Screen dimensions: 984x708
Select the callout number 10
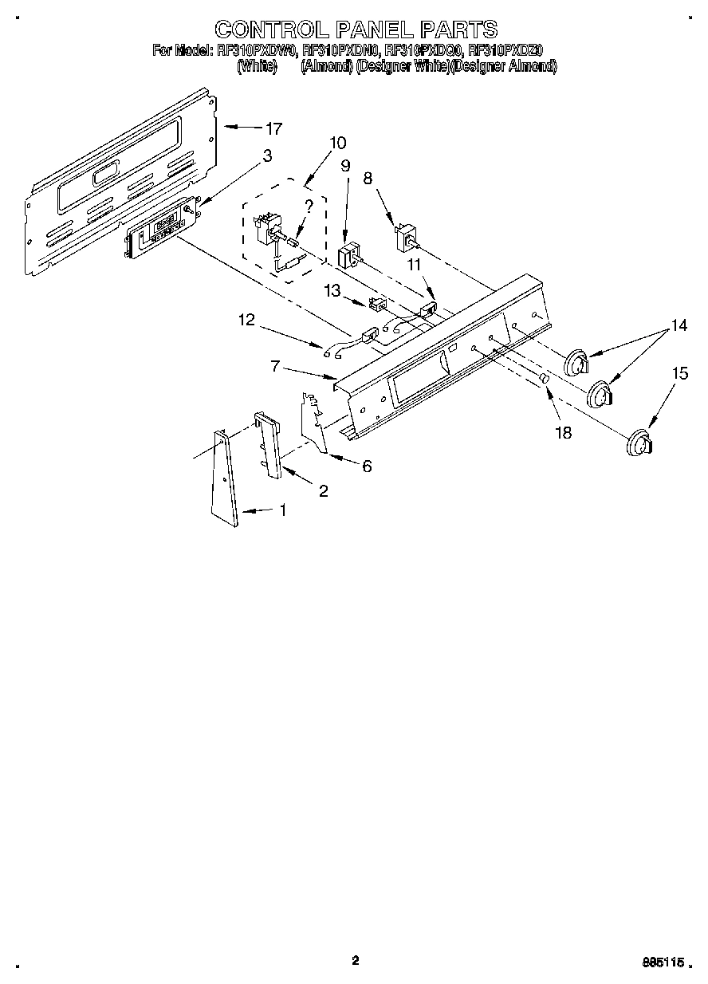337,144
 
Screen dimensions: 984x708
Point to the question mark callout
309,206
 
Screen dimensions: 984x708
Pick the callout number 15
679,372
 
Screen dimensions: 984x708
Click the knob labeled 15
639,443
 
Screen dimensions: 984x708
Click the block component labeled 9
348,258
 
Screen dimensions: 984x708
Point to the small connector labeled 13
378,303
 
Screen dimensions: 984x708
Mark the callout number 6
366,466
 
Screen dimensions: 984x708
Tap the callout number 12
246,321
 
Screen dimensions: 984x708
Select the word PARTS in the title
458,30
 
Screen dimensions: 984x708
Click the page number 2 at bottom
355,960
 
